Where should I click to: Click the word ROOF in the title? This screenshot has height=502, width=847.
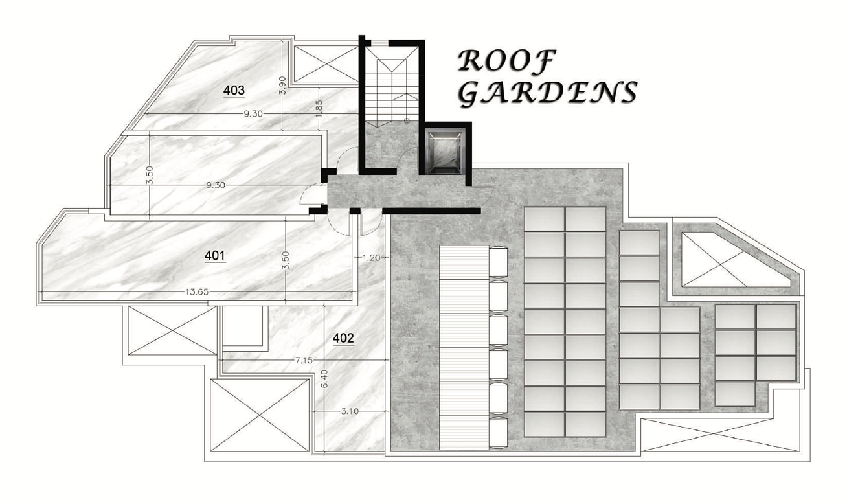[507, 60]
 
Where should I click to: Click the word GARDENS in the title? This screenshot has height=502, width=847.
[548, 93]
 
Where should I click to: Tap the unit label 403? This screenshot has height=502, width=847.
[234, 91]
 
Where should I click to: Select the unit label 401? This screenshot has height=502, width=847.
[215, 256]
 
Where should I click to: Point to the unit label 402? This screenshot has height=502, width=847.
[343, 338]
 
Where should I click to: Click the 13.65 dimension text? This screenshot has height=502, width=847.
[197, 291]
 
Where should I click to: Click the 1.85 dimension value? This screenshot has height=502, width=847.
[319, 109]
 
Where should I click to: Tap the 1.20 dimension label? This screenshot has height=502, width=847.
[371, 258]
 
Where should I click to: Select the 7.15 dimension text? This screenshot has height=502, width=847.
[304, 361]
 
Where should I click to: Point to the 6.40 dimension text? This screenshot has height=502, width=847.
[326, 379]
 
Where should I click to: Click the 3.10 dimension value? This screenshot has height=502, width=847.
[350, 411]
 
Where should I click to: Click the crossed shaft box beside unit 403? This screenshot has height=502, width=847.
[326, 63]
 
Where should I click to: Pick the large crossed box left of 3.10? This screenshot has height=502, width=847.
[260, 415]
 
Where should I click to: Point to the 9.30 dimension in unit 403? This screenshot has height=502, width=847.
[253, 113]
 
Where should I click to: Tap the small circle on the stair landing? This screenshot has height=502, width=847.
[407, 120]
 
